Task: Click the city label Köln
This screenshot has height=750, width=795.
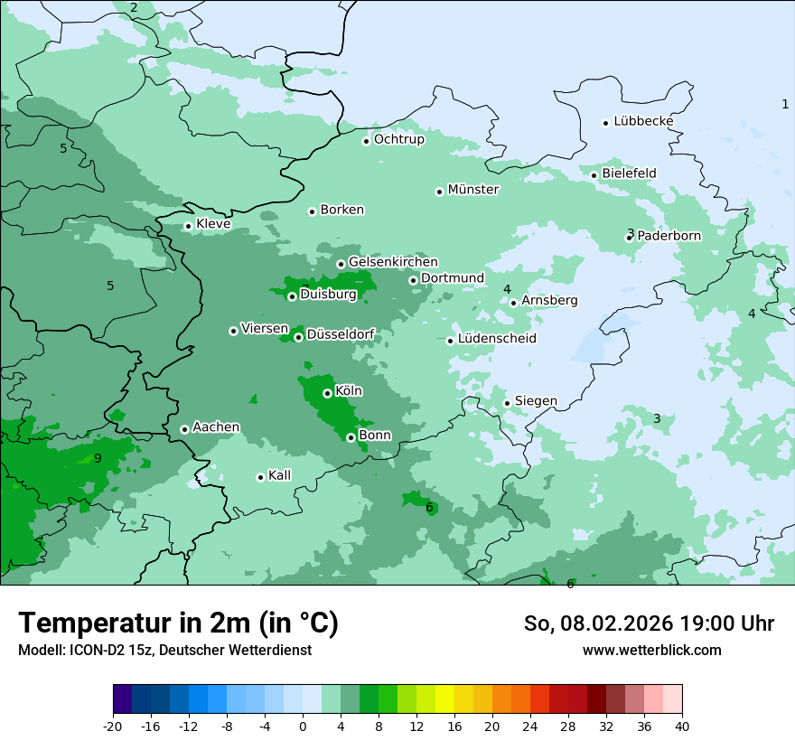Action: coord(349,391)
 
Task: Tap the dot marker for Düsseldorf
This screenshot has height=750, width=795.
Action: coord(298,337)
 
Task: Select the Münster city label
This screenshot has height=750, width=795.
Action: coord(473,190)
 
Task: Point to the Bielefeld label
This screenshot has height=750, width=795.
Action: coord(629,173)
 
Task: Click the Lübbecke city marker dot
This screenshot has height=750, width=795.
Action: coord(605,123)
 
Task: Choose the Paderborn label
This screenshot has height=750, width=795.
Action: coord(669,236)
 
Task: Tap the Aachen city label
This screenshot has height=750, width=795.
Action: coord(216,427)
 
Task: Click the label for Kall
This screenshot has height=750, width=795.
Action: coord(279,475)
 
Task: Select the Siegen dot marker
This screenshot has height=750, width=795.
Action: coord(507,403)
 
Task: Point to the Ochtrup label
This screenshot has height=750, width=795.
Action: coord(398,140)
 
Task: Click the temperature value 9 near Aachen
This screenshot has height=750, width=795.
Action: coord(98,458)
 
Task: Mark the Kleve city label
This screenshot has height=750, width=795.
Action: coord(213,224)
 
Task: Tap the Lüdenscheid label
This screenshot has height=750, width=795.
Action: coord(497,339)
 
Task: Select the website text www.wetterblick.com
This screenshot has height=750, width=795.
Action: coord(651,650)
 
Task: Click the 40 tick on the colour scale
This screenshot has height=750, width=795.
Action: coord(682,726)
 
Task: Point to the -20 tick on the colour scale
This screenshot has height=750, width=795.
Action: coord(113,726)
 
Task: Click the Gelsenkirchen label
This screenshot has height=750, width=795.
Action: coord(393,262)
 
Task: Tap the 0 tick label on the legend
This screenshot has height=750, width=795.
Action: coord(303,726)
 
